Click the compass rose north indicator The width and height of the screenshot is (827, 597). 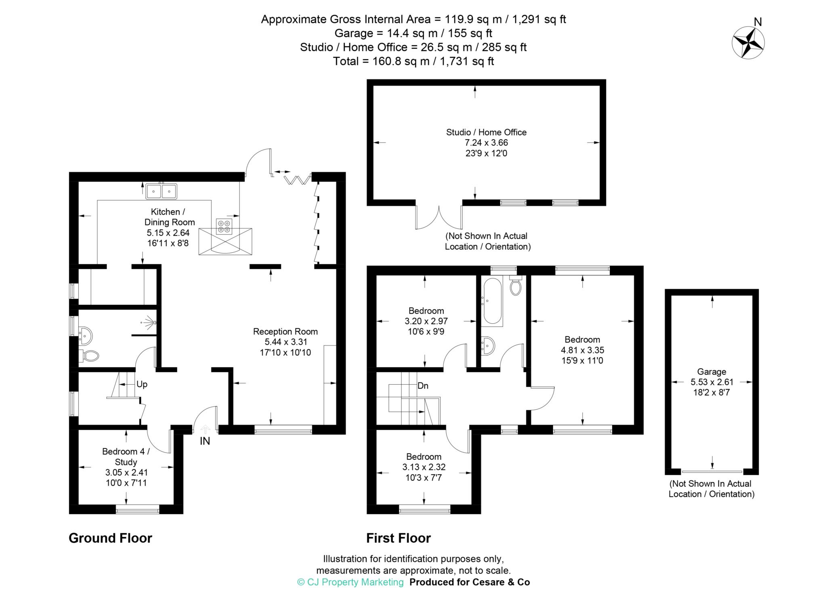pos(748,42)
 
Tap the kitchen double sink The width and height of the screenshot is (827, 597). pos(162,191)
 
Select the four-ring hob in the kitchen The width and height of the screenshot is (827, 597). pos(223,226)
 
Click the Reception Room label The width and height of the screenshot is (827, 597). pos(285,331)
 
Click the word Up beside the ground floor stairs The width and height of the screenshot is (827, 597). pos(142,384)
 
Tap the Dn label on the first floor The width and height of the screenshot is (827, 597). pos(423,386)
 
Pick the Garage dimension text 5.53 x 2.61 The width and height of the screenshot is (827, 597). pos(712,382)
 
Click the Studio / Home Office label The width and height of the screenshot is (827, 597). pos(486,132)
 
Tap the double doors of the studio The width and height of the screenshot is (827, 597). pos(439,218)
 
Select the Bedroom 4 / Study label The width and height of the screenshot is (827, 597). pos(126,457)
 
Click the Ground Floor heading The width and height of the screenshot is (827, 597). pos(110,538)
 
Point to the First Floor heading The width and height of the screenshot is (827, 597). pos(398,538)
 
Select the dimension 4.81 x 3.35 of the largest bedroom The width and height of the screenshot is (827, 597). pos(582,350)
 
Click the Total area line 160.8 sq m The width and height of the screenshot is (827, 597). pos(413,61)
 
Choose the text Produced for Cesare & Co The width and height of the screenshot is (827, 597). pos(469,582)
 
